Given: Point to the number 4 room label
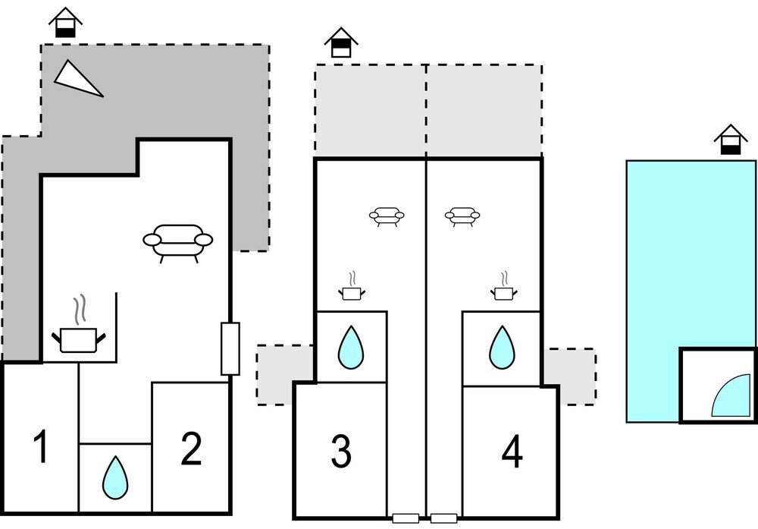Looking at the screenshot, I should point(512,453).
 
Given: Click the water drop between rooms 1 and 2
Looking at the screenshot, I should point(115,475).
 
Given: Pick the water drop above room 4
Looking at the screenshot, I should point(501,346).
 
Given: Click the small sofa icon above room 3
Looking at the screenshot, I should point(387,217).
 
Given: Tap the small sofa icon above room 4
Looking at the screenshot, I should point(462,217).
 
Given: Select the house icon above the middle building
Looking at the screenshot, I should point(341,43).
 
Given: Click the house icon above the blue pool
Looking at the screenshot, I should point(730,140).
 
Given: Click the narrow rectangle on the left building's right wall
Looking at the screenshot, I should point(230,348).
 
